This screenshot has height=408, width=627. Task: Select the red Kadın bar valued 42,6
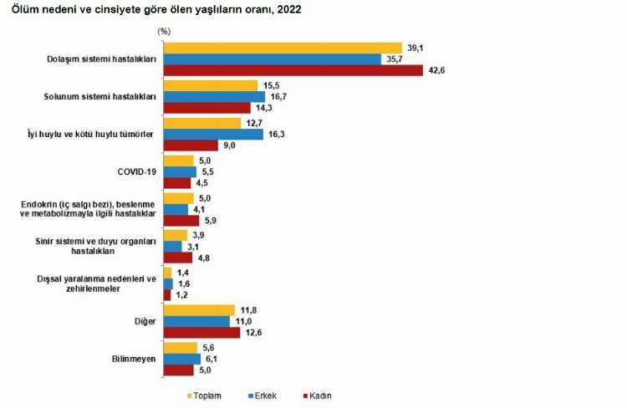(x=293, y=71)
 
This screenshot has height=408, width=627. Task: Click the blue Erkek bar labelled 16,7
(x=214, y=96)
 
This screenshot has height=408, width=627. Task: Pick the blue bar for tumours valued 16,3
(x=213, y=133)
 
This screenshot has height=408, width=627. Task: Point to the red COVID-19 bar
(x=177, y=182)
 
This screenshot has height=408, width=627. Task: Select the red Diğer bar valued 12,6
(x=201, y=333)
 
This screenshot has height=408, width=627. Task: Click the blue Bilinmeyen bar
(x=181, y=358)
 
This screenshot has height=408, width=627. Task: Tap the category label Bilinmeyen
(x=135, y=358)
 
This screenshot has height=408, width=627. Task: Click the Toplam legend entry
(x=203, y=395)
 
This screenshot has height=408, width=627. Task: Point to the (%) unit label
(x=164, y=30)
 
